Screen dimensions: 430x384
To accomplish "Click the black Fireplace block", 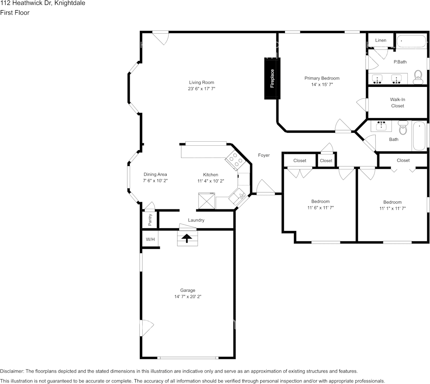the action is pyautogui.click(x=272, y=78).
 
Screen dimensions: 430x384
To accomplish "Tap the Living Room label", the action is pyautogui.click(x=201, y=82).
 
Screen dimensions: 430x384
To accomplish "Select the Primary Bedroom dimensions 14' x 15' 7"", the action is pyautogui.click(x=322, y=84).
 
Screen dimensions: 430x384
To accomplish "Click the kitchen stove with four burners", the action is pyautogui.click(x=235, y=160).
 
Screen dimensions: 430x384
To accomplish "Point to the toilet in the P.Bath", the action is pyautogui.click(x=418, y=77).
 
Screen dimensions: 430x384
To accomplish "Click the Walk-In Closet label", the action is pyautogui.click(x=398, y=103).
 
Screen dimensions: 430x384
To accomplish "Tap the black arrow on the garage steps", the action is pyautogui.click(x=187, y=238).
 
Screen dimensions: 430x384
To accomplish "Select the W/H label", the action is pyautogui.click(x=150, y=239).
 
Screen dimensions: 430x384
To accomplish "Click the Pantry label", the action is pyautogui.click(x=150, y=220).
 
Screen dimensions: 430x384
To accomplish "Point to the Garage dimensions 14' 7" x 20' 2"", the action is pyautogui.click(x=188, y=297).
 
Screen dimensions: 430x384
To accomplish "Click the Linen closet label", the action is pyautogui.click(x=381, y=40).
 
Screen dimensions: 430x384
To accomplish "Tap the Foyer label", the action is pyautogui.click(x=264, y=155).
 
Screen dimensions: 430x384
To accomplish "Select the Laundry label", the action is pyautogui.click(x=196, y=220).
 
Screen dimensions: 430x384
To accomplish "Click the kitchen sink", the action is pyautogui.click(x=238, y=196).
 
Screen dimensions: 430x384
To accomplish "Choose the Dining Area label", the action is pyautogui.click(x=155, y=175).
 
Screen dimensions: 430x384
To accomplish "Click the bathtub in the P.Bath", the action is pyautogui.click(x=411, y=41).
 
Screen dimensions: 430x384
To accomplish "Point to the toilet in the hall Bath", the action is pyautogui.click(x=403, y=127).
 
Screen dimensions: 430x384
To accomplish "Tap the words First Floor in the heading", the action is pyautogui.click(x=15, y=13).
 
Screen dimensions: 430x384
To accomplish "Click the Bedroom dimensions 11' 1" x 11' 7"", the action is pyautogui.click(x=392, y=209).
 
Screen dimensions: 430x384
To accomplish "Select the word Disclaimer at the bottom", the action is pyautogui.click(x=12, y=371).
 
